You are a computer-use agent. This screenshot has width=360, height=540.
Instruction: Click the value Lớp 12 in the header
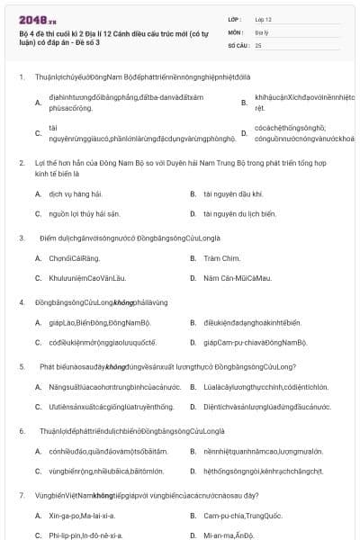(265, 18)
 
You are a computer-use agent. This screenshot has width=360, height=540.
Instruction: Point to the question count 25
(258, 44)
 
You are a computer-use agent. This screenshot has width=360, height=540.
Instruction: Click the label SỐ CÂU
(237, 44)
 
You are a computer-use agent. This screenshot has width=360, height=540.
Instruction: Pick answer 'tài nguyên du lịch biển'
(239, 213)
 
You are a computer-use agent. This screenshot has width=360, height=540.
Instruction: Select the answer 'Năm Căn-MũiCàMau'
(238, 278)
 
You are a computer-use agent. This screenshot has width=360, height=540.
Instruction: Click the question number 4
(21, 302)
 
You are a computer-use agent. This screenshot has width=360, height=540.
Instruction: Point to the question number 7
(21, 495)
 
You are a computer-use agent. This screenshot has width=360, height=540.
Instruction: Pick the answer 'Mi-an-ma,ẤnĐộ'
(229, 535)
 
